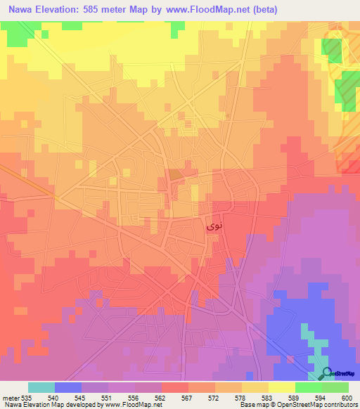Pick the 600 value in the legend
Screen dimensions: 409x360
click(347, 397)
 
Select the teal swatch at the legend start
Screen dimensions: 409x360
click(41, 387)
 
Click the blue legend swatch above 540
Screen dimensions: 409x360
click(67, 387)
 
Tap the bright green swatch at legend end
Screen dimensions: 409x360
click(335, 387)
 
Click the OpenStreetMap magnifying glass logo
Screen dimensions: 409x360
click(326, 373)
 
